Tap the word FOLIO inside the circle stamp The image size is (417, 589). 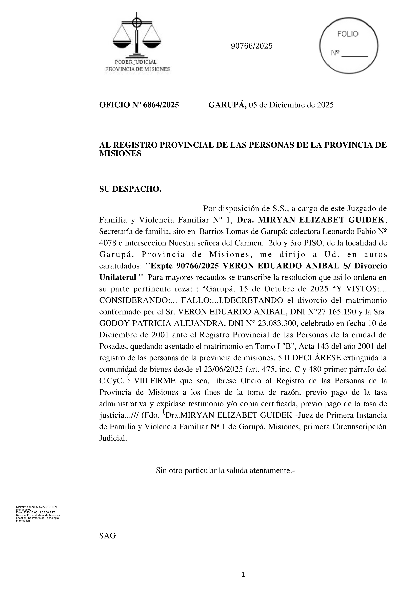[x=348, y=34]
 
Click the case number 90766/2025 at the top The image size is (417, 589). [x=252, y=46]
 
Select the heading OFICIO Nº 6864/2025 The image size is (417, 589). [x=139, y=105]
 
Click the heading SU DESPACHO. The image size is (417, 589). [x=130, y=189]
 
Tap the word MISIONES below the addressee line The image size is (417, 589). [x=120, y=154]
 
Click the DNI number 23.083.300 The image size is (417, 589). [x=277, y=324]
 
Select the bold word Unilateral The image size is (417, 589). [x=118, y=277]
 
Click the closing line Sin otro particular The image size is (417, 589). [x=225, y=471]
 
